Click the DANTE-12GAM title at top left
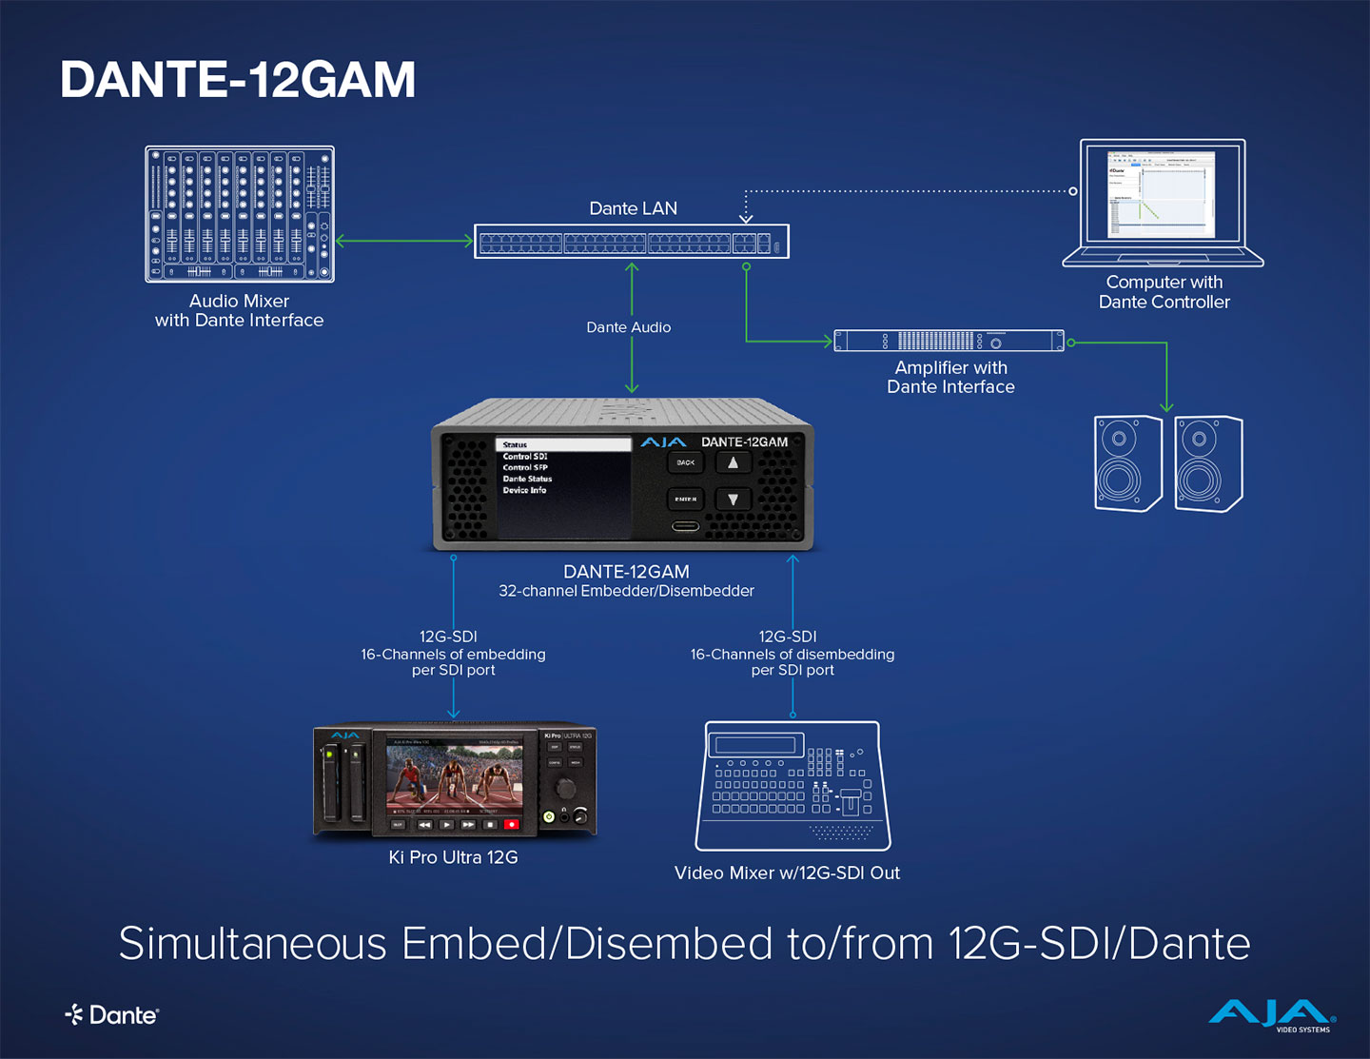(238, 80)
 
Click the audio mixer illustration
(240, 214)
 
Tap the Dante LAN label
(633, 208)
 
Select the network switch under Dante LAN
(632, 242)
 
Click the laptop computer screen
(1162, 193)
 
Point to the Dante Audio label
(628, 327)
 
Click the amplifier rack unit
(949, 341)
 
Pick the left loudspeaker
(1128, 463)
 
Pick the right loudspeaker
(1208, 463)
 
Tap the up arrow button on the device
(733, 462)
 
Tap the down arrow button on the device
(733, 499)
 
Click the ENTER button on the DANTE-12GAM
(685, 499)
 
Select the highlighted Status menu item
(562, 444)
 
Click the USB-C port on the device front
(685, 526)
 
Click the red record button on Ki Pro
(511, 824)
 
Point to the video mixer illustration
(793, 785)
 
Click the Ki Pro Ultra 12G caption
(453, 857)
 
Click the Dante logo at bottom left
(112, 1015)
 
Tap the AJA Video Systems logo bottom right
(1271, 1015)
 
